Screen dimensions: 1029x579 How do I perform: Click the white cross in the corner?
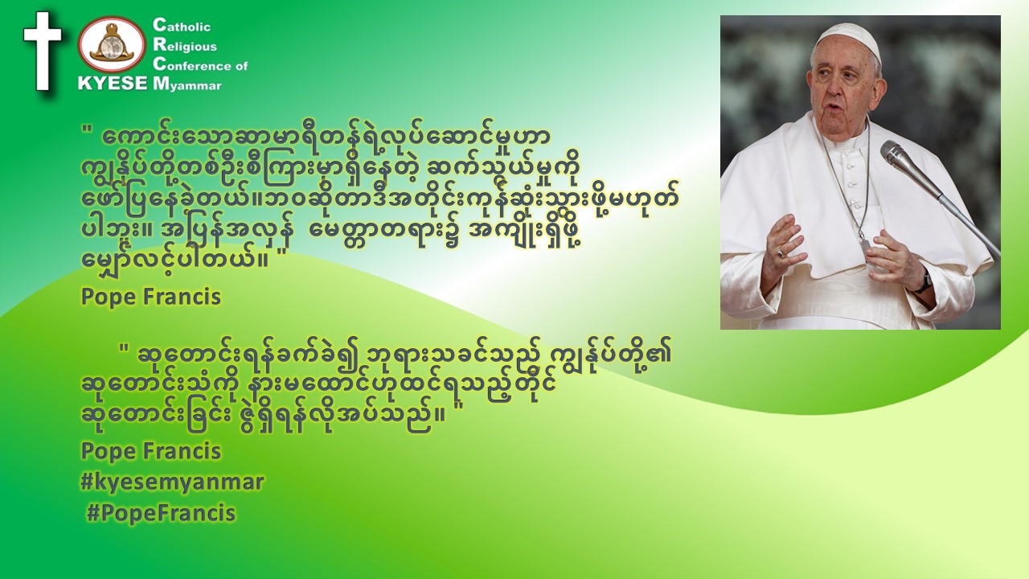pyautogui.click(x=43, y=51)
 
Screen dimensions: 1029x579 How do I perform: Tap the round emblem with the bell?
pyautogui.click(x=112, y=44)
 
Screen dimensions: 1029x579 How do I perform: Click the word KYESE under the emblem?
pyautogui.click(x=113, y=83)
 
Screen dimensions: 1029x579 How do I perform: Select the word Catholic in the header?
pyautogui.click(x=182, y=25)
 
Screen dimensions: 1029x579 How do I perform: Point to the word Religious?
pyautogui.click(x=185, y=45)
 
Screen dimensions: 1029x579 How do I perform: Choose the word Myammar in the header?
pyautogui.click(x=187, y=84)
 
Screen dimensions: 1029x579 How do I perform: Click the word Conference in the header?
pyautogui.click(x=193, y=65)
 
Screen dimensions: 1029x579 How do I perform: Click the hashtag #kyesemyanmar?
pyautogui.click(x=172, y=482)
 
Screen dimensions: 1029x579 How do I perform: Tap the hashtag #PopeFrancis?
pyautogui.click(x=162, y=513)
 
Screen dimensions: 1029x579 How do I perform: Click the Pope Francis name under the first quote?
pyautogui.click(x=151, y=297)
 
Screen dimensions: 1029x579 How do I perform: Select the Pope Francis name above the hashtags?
pyautogui.click(x=151, y=451)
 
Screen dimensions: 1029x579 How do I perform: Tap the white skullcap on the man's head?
pyautogui.click(x=851, y=39)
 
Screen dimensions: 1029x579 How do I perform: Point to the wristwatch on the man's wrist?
pyautogui.click(x=924, y=282)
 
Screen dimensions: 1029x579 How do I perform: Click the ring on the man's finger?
pyautogui.click(x=781, y=253)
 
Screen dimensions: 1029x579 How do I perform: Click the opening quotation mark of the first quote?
pyautogui.click(x=85, y=130)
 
